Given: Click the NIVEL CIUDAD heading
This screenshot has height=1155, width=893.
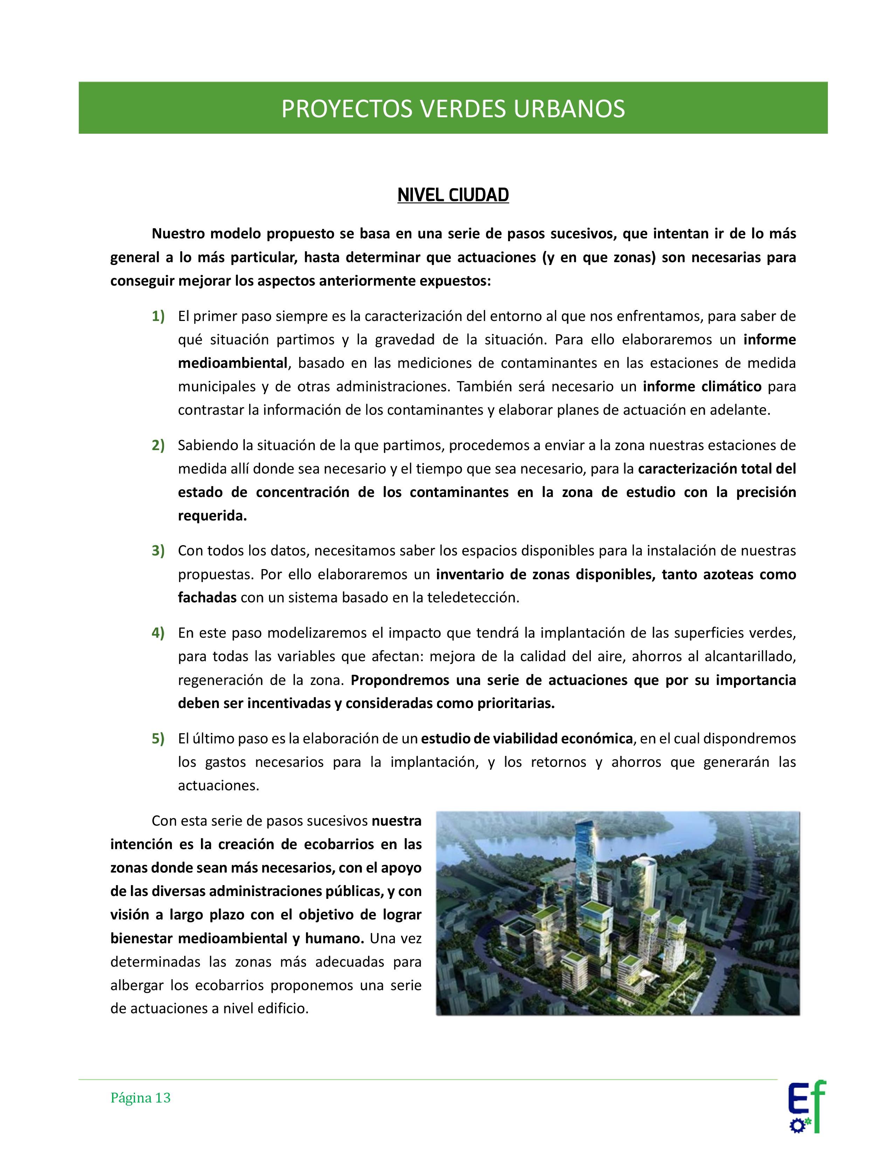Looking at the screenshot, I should (453, 195).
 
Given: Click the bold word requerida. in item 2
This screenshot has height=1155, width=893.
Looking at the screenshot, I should (212, 516).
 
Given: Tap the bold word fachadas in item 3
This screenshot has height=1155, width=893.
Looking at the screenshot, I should (207, 597).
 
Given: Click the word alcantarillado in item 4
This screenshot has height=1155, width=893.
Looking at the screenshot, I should (747, 656).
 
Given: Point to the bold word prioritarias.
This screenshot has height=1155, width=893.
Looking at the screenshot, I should (510, 703).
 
